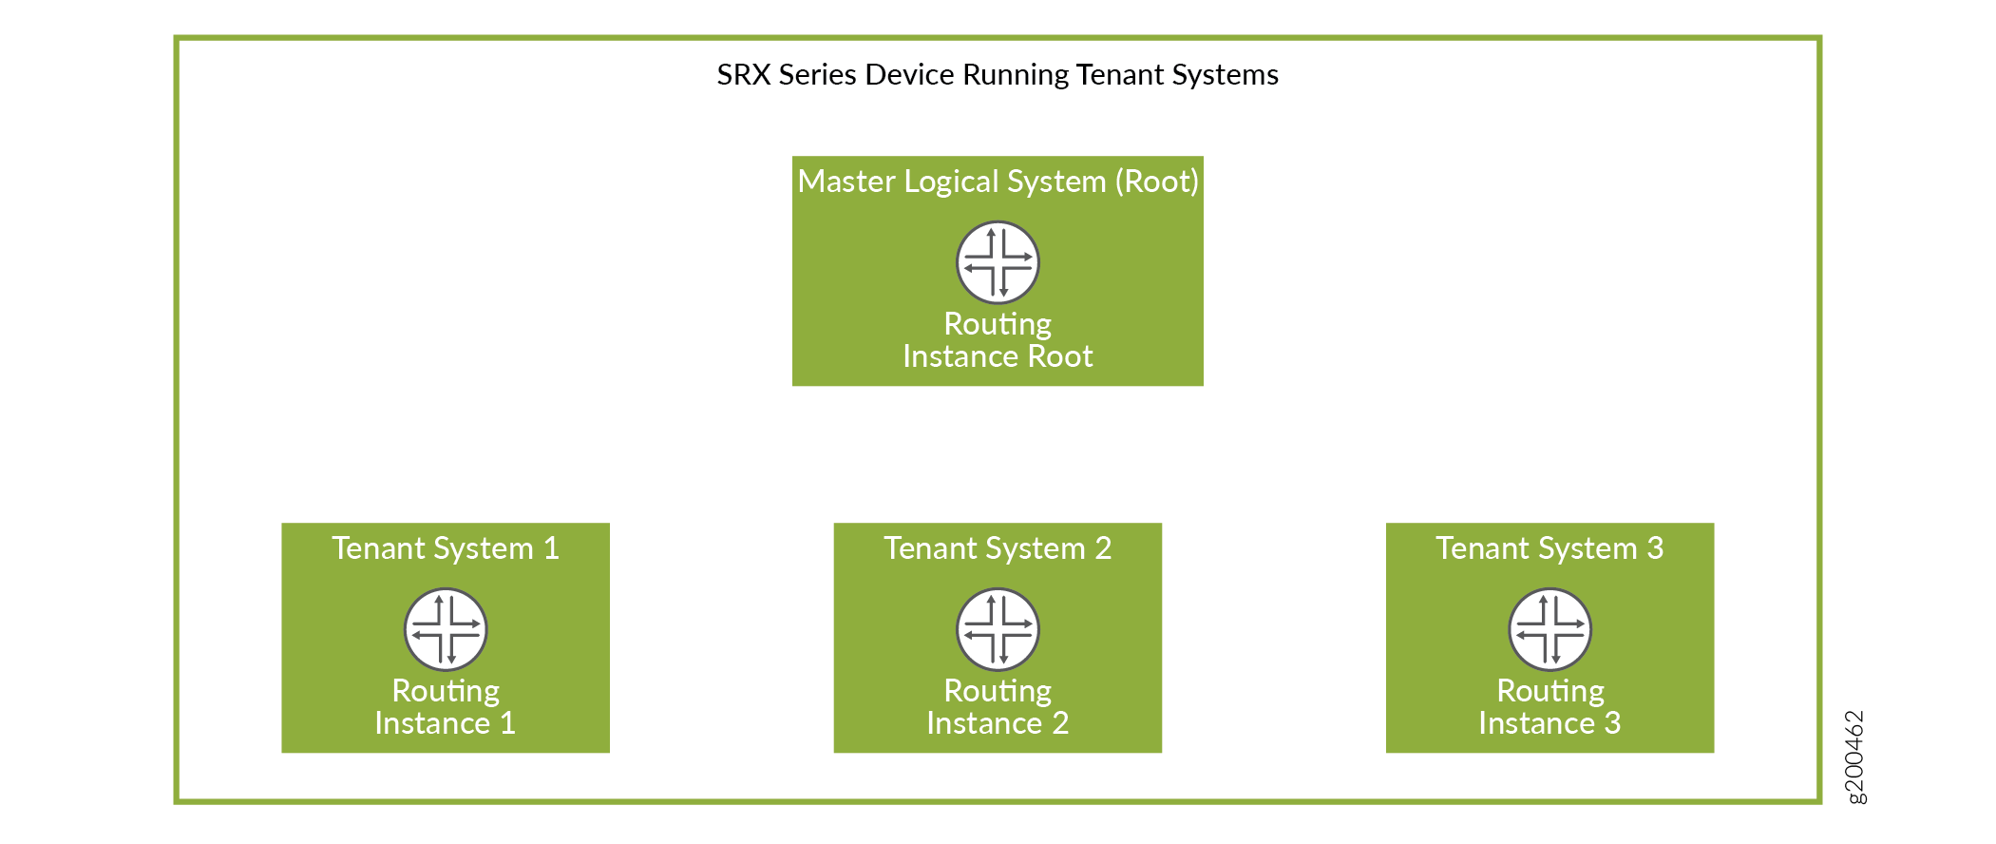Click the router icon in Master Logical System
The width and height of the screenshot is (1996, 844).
pyautogui.click(x=998, y=262)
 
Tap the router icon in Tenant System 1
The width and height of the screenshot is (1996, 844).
pyautogui.click(x=446, y=629)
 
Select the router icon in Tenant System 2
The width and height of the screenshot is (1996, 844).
pyautogui.click(x=998, y=629)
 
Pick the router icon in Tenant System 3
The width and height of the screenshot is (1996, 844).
pyautogui.click(x=1550, y=629)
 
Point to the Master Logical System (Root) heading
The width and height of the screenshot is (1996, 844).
pyautogui.click(x=998, y=182)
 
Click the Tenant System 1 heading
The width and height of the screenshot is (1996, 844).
pyautogui.click(x=446, y=548)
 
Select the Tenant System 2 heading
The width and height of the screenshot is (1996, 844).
pyautogui.click(x=998, y=548)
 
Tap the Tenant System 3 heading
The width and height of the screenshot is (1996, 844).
pyautogui.click(x=1549, y=548)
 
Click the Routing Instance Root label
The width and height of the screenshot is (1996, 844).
pyautogui.click(x=998, y=340)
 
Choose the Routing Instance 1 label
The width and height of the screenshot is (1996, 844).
pyautogui.click(x=446, y=707)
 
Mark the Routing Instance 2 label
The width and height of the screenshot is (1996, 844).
pyautogui.click(x=998, y=707)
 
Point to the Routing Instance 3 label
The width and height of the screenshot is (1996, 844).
pyautogui.click(x=1550, y=707)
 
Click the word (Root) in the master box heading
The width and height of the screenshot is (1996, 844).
pyautogui.click(x=1157, y=182)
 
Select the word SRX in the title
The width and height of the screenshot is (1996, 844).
pyautogui.click(x=744, y=74)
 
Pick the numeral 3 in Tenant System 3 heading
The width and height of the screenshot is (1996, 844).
pyautogui.click(x=1655, y=548)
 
